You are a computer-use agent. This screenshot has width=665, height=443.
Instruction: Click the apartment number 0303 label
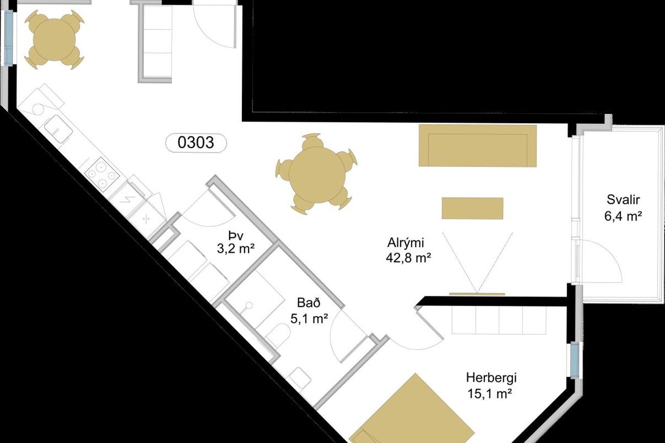click(x=196, y=143)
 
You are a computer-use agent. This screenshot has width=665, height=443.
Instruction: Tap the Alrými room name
click(x=406, y=243)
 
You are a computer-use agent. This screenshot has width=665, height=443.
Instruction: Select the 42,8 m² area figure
click(x=409, y=258)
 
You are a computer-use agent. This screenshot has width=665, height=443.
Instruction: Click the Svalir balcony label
click(x=623, y=200)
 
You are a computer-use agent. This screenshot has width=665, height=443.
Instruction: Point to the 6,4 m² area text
click(x=623, y=216)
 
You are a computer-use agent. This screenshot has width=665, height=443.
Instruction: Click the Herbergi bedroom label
click(x=491, y=378)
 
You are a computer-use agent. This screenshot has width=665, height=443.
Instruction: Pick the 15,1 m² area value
click(x=490, y=394)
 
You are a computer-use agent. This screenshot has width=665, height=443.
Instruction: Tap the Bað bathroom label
click(x=309, y=303)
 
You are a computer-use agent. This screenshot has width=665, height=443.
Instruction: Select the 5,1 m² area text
click(x=309, y=319)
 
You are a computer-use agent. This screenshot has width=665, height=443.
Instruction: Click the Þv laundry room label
click(x=236, y=236)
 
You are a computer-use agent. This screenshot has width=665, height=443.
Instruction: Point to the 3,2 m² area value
click(x=236, y=249)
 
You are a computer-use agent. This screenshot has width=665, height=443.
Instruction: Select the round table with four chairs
click(x=54, y=39)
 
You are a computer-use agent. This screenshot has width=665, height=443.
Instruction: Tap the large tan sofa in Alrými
click(x=477, y=146)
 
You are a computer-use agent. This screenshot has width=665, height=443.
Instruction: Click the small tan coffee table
click(x=472, y=208)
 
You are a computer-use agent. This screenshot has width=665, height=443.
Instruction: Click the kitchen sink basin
click(x=58, y=129)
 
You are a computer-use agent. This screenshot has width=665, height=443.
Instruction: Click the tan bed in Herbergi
click(x=411, y=412)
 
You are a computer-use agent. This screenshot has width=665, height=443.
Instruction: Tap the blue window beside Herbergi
click(x=575, y=360)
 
